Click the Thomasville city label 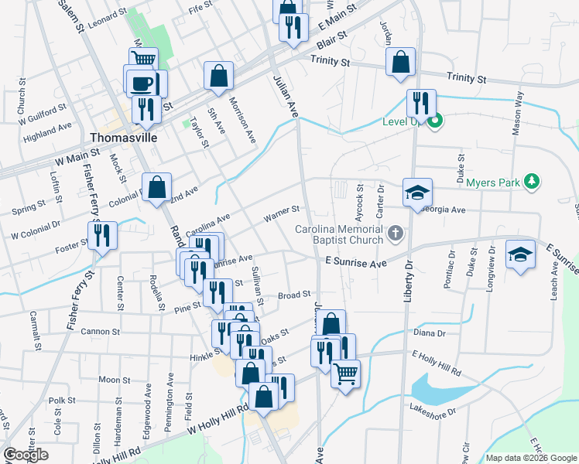coord(124,138)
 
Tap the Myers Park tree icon coord(531,182)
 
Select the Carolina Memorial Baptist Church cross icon coord(396,232)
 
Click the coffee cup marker coord(140,82)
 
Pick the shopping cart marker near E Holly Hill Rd coord(345,374)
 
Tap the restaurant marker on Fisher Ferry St coord(102,234)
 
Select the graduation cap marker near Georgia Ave coord(417,193)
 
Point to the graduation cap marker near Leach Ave coord(519,254)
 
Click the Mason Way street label coord(517,114)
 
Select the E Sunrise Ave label coord(355,263)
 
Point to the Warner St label coord(282,210)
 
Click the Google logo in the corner coord(26,455)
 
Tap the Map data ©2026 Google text coord(531,458)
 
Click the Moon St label coord(114,380)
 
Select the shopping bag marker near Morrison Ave coord(219,76)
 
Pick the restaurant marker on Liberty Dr coord(420,103)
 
